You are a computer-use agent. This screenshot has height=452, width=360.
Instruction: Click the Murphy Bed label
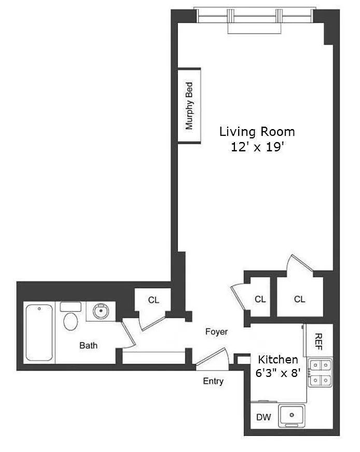point(189,106)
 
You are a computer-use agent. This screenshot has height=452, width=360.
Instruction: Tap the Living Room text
point(257,132)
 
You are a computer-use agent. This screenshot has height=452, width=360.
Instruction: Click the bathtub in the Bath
point(39,333)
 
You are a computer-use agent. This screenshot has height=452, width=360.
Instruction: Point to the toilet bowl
point(71,322)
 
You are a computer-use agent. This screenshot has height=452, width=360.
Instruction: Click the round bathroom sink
point(101,311)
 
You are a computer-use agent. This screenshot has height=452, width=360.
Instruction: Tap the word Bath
point(88,345)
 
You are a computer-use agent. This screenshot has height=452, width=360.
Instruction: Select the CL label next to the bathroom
point(154,300)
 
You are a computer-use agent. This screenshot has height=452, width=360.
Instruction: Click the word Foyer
point(216,332)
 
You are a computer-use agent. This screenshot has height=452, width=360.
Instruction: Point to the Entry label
point(213,381)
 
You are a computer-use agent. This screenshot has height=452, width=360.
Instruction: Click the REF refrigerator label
point(318,342)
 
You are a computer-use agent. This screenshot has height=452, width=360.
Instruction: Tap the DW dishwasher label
point(264,417)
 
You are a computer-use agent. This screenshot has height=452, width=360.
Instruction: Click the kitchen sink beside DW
point(292,416)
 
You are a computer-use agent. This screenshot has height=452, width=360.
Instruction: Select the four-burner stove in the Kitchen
point(321,373)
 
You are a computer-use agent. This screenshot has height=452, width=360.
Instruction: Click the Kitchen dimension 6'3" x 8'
point(278,373)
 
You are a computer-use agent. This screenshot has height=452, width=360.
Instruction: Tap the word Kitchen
point(278,360)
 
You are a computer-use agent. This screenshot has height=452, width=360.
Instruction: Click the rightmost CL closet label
point(299,299)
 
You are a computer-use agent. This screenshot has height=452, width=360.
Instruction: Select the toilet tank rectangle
point(71,307)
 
